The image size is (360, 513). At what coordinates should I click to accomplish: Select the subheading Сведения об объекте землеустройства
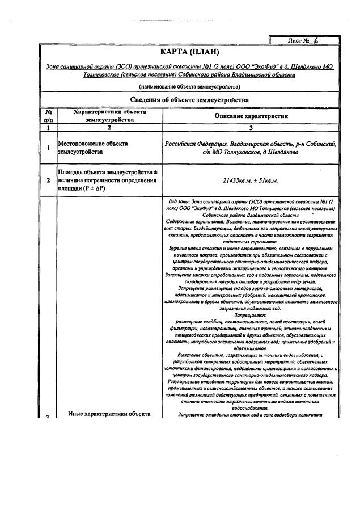[x=189, y=100]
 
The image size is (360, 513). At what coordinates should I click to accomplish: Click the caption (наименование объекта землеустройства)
[x=189, y=86]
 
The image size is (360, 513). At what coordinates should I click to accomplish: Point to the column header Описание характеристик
[x=252, y=116]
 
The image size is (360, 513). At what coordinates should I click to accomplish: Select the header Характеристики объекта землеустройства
[x=110, y=116]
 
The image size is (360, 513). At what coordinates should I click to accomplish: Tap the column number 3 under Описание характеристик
[x=252, y=128]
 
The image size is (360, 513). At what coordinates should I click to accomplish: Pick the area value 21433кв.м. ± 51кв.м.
[x=252, y=180]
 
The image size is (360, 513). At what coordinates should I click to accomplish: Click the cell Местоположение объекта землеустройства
[x=94, y=148]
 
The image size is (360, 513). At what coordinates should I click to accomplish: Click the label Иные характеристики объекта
[x=109, y=413]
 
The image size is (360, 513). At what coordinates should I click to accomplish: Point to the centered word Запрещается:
[x=252, y=314]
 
